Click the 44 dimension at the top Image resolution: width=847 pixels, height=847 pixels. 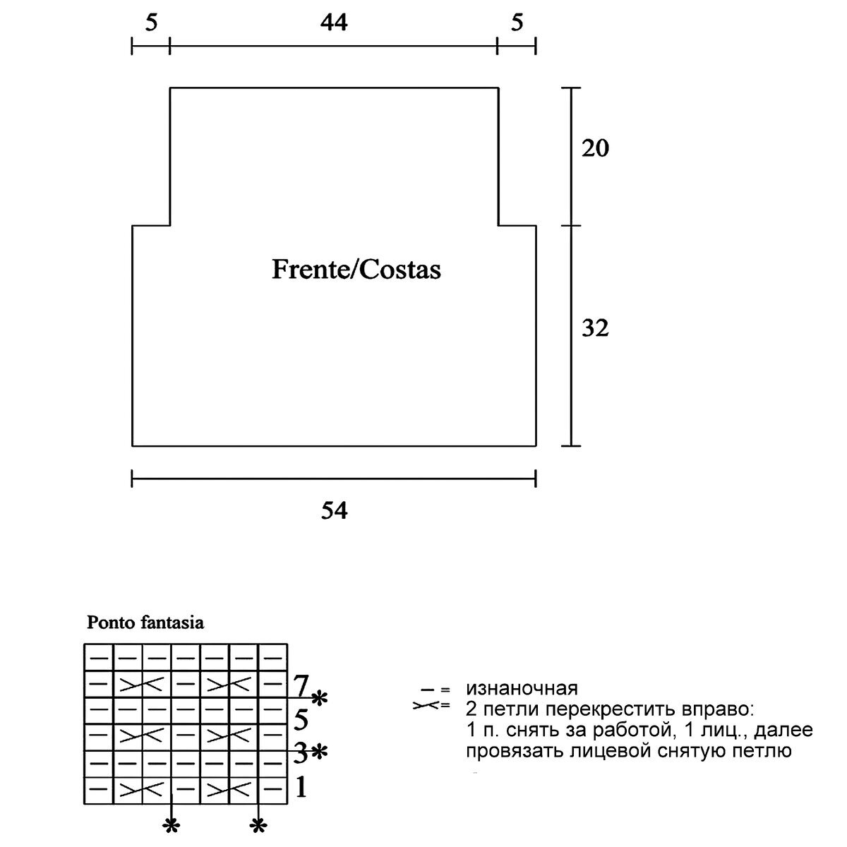[334, 23]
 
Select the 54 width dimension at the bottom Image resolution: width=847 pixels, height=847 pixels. [334, 510]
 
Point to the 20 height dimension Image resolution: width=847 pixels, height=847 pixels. [595, 149]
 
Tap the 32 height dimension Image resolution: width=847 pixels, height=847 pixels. [595, 328]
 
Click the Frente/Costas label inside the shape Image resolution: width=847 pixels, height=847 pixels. [356, 270]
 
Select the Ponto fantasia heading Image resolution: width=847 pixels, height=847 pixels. [145, 623]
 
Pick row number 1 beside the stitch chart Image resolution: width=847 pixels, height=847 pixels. [301, 786]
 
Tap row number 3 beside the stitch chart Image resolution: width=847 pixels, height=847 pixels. [300, 753]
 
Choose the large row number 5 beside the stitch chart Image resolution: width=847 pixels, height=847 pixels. [301, 720]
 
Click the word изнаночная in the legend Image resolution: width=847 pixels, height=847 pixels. [522, 688]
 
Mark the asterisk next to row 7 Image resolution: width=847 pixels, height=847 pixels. [320, 699]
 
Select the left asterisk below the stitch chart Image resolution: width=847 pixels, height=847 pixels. [170, 825]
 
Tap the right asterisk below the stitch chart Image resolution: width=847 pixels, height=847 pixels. [258, 825]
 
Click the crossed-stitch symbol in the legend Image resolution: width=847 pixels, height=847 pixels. [426, 705]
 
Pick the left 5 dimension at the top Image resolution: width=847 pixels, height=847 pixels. [151, 23]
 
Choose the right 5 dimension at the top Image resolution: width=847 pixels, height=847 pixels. [517, 23]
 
